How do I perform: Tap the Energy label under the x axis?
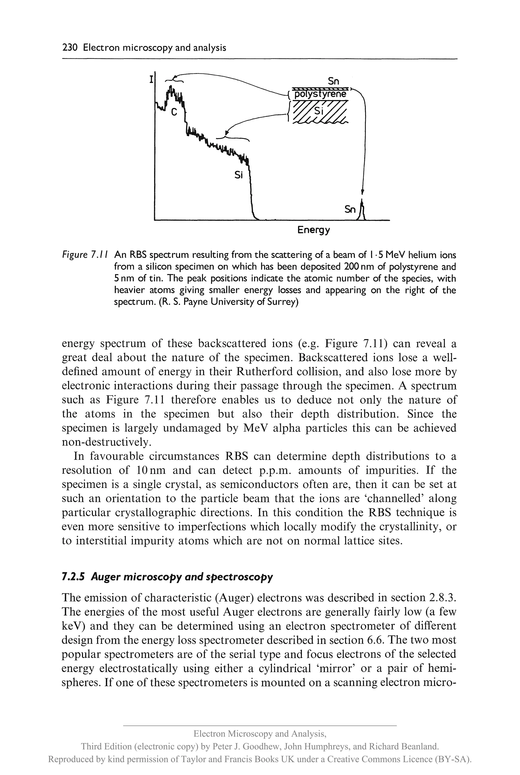[313, 230]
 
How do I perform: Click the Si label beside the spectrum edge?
[238, 175]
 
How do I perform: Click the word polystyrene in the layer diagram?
[321, 94]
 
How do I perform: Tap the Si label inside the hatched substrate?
[318, 111]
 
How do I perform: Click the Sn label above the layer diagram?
[333, 81]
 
